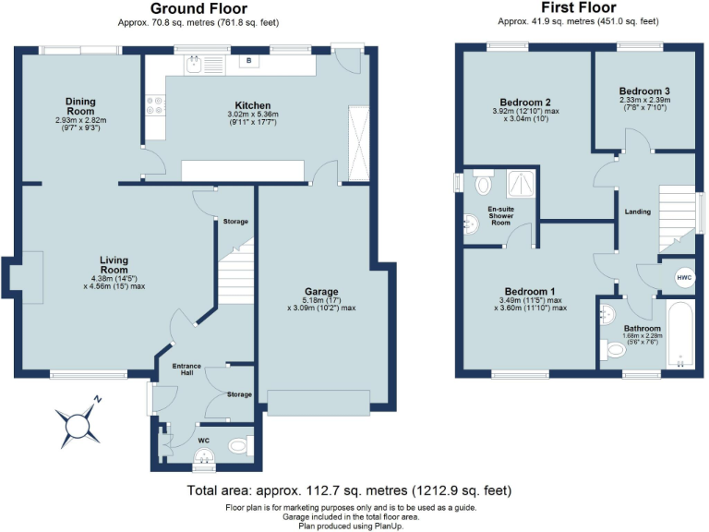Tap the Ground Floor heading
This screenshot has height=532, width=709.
click(x=198, y=8)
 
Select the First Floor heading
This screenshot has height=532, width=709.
click(x=577, y=8)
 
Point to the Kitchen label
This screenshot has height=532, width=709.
click(x=252, y=104)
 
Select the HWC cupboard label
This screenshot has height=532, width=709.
click(x=683, y=277)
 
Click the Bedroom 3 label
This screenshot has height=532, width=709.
click(x=643, y=91)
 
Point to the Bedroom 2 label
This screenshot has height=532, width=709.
click(x=525, y=102)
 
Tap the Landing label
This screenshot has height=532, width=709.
click(x=637, y=212)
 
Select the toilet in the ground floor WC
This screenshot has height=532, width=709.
click(x=238, y=447)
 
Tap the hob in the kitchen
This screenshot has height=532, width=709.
click(x=154, y=106)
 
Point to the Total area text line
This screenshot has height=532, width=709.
click(x=349, y=490)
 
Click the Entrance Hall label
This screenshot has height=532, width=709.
click(x=192, y=369)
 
